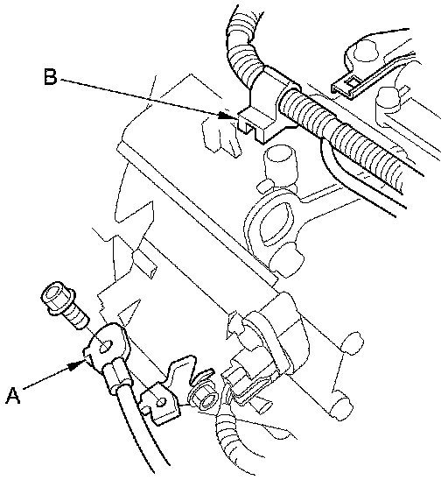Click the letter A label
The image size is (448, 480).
13,396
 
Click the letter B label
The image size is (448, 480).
50,77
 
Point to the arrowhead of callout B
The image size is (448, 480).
228,116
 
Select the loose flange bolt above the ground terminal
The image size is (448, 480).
65,304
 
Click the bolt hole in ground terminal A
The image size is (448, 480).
105,346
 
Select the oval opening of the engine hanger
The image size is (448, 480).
276,223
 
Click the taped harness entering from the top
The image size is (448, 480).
245,46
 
